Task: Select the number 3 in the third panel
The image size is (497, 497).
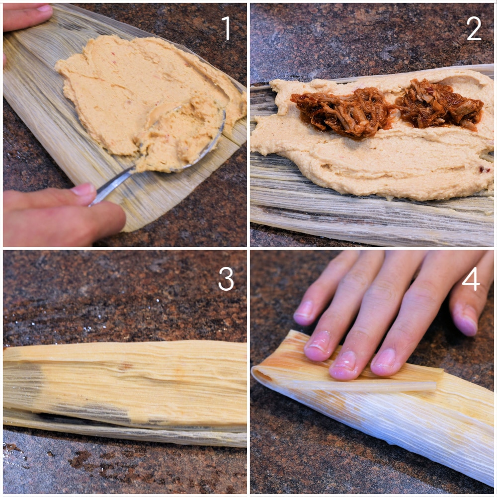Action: pos(226,279)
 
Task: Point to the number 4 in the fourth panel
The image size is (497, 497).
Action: pos(471,279)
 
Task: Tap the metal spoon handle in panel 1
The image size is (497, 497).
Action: pos(112,184)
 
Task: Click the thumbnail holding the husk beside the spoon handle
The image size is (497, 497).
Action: pos(83,190)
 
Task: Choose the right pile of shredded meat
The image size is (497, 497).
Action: pos(440,104)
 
